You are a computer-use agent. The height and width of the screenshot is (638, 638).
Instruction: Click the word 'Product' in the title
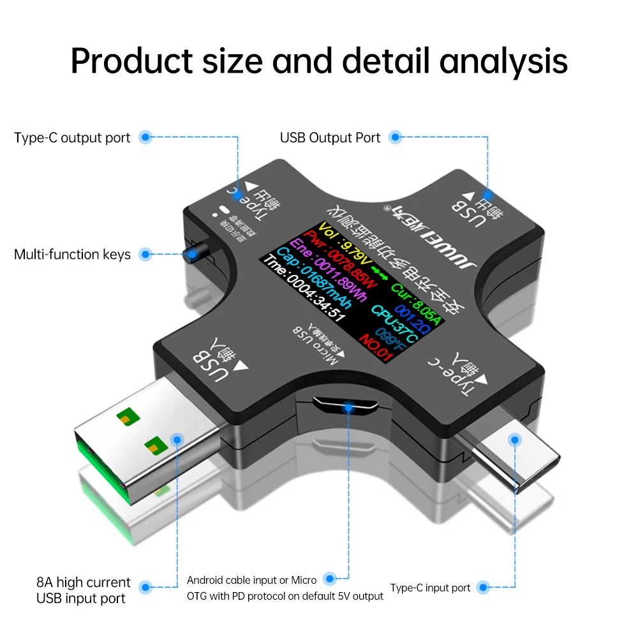point(131,61)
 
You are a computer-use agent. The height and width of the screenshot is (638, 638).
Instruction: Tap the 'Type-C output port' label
point(72,138)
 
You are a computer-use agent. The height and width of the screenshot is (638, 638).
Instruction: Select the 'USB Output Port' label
point(330,138)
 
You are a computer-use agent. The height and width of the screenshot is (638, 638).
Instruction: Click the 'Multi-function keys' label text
point(72,255)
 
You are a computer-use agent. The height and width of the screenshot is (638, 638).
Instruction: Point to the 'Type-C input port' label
point(430,588)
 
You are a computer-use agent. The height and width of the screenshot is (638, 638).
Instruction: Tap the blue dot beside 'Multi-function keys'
point(145,255)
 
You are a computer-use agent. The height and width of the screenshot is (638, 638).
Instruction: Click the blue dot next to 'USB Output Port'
point(396,137)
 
